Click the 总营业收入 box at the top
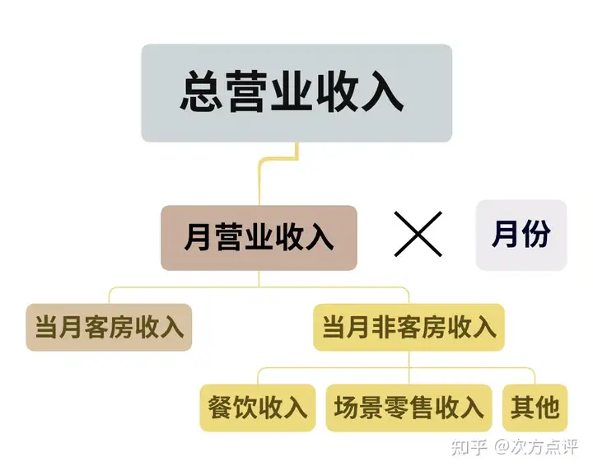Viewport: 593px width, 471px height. point(296,93)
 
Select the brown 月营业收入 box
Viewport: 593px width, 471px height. point(259,238)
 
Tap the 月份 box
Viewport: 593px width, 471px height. point(521,235)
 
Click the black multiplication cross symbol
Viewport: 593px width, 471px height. point(418,234)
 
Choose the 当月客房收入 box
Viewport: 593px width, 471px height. point(109,327)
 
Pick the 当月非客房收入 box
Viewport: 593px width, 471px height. point(409,327)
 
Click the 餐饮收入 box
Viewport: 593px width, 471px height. point(258,408)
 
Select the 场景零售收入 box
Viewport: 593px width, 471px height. point(409,408)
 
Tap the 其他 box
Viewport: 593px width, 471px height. point(535,408)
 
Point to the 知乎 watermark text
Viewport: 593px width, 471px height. point(469,447)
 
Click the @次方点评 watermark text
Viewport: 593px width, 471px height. point(536,447)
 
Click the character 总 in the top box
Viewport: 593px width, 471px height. point(200,91)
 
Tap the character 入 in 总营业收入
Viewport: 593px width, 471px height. point(382,91)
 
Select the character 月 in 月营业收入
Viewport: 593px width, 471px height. point(198,237)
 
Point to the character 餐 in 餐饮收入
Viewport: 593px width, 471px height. point(220,408)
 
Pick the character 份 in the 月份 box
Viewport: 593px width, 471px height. point(536,234)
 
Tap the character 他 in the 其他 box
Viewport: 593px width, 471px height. point(547,408)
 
